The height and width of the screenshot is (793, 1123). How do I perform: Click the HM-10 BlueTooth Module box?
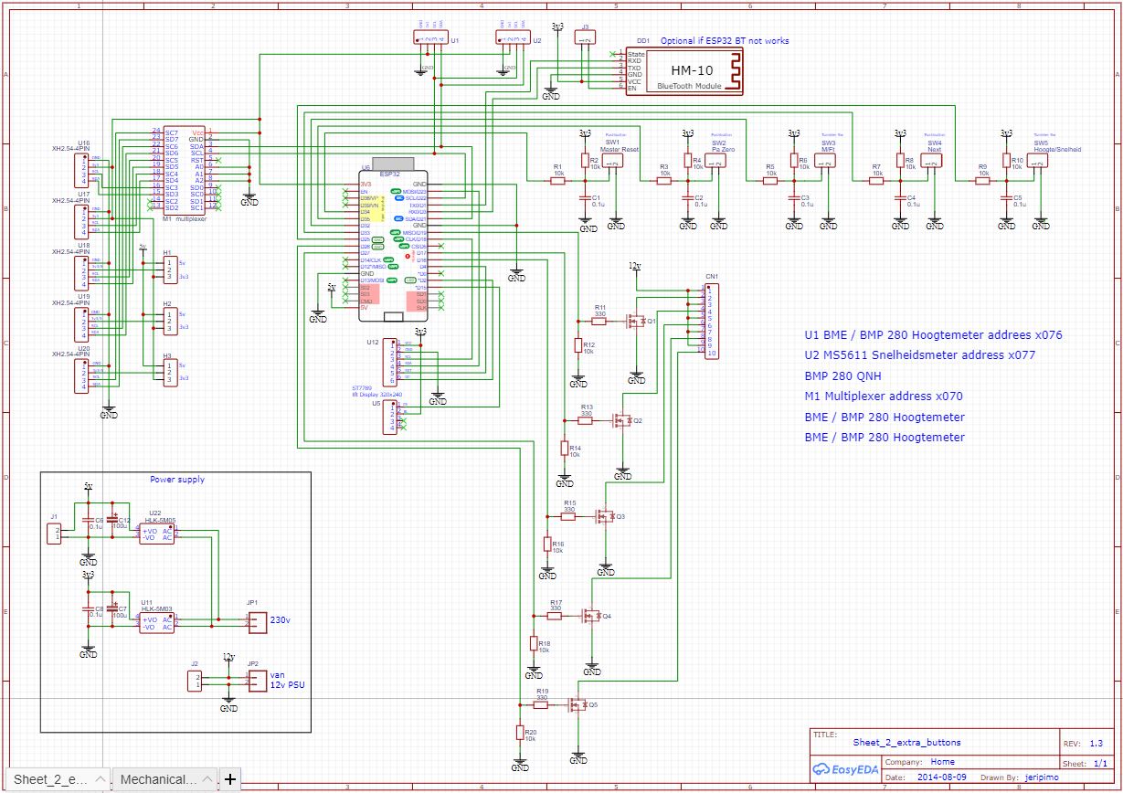[x=695, y=70]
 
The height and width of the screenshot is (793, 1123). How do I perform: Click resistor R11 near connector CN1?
[x=600, y=321]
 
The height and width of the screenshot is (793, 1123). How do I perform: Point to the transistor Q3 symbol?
[x=604, y=516]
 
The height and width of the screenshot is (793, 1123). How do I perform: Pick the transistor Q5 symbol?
[x=577, y=705]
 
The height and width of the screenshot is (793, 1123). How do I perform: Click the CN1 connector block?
[x=710, y=321]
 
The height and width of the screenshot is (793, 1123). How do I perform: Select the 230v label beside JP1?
[x=280, y=619]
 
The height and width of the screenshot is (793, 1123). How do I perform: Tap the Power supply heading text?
[x=177, y=479]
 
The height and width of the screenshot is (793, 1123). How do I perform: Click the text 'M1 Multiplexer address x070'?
[x=884, y=396]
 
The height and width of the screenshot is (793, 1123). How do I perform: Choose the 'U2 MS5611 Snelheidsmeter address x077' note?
[x=919, y=355]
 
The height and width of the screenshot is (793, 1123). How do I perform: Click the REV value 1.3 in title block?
[x=1097, y=743]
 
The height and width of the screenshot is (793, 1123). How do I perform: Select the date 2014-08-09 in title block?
[x=941, y=777]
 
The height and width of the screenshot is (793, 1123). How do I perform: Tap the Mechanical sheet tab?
[x=159, y=779]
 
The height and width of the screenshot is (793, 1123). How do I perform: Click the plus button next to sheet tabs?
[x=229, y=779]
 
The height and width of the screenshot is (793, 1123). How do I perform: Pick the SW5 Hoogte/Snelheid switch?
[x=1040, y=162]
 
